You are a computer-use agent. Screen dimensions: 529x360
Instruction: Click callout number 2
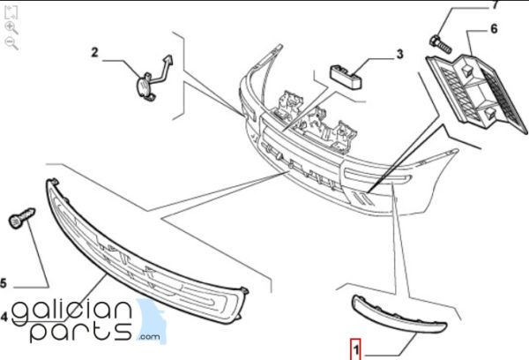pyautogui.click(x=94, y=53)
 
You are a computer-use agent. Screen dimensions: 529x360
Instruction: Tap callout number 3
pyautogui.click(x=399, y=54)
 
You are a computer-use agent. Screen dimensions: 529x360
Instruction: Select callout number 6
pyautogui.click(x=494, y=29)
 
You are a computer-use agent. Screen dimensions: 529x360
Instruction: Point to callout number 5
pyautogui.click(x=3, y=283)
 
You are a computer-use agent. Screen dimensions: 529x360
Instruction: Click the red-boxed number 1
pyautogui.click(x=355, y=350)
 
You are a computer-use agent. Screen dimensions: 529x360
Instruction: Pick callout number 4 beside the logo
pyautogui.click(x=4, y=317)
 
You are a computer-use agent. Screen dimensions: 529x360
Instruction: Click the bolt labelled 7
pyautogui.click(x=440, y=45)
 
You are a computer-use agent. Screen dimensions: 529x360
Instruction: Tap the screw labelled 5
pyautogui.click(x=21, y=218)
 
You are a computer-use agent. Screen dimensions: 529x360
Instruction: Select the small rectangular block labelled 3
pyautogui.click(x=345, y=77)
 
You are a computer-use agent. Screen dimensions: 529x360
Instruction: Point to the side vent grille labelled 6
pyautogui.click(x=477, y=94)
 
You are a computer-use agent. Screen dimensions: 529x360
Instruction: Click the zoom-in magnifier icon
pyautogui.click(x=11, y=28)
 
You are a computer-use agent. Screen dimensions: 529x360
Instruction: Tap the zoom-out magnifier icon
pyautogui.click(x=11, y=43)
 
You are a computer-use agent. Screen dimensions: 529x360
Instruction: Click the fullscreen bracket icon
pyautogui.click(x=11, y=12)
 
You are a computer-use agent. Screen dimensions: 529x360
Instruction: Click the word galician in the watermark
pyautogui.click(x=71, y=311)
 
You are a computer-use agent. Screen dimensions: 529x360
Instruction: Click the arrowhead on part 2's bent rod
pyautogui.click(x=168, y=59)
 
